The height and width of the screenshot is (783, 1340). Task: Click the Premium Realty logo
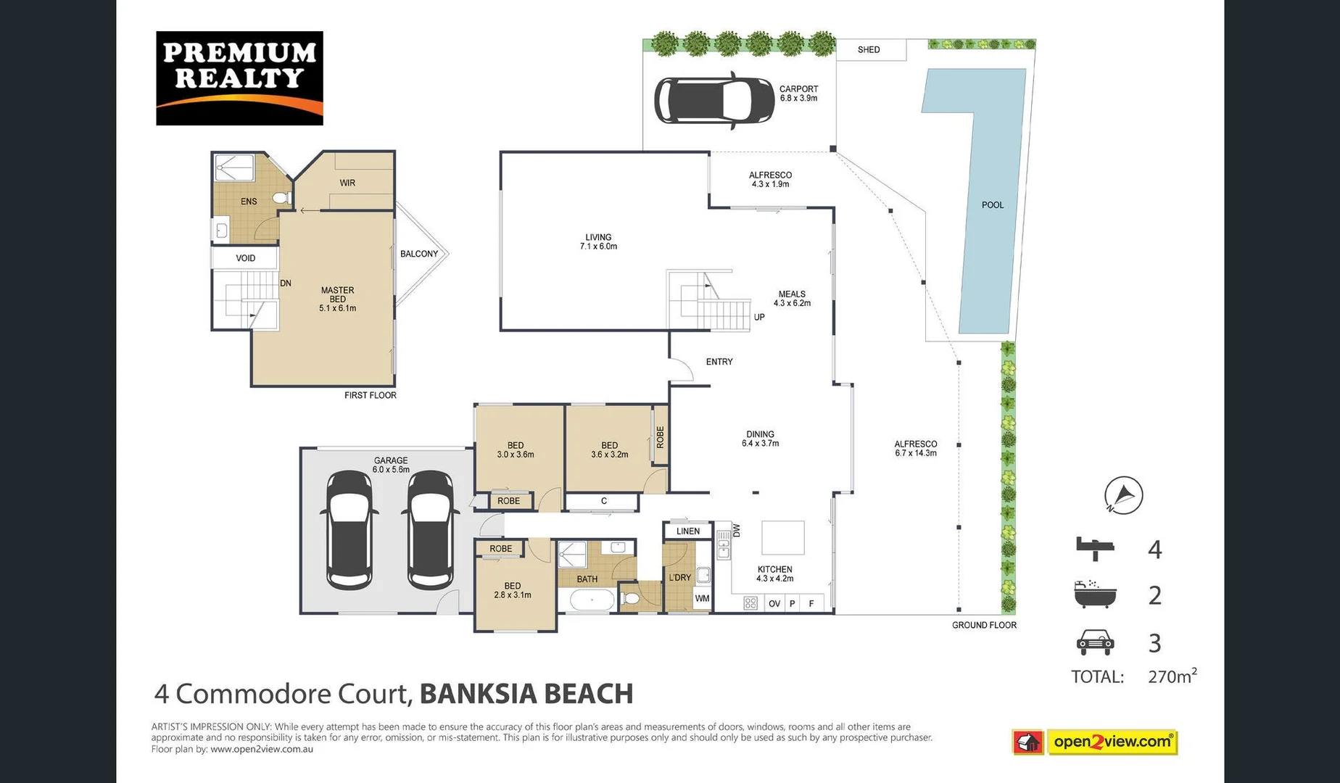[239, 78]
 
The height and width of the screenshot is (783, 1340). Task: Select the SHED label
[869, 50]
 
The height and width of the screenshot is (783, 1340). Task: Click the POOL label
[993, 205]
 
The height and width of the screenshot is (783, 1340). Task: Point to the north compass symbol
[1123, 496]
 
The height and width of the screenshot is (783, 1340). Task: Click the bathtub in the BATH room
[592, 600]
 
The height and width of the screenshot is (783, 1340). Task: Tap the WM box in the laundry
[702, 599]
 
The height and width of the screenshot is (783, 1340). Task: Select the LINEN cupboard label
[687, 531]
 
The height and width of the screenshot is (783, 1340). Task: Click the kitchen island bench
[782, 538]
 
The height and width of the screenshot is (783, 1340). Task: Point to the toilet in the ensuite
[281, 197]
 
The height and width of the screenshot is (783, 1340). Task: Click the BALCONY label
[419, 254]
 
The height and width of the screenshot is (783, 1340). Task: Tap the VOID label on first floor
[245, 258]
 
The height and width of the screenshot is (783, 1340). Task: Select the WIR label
[347, 183]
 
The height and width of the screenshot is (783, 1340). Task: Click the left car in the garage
[350, 529]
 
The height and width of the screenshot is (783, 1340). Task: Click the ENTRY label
[719, 362]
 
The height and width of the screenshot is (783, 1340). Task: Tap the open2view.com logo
[1112, 742]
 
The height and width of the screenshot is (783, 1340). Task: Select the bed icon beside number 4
[1094, 548]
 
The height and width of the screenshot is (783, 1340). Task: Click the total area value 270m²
[1172, 676]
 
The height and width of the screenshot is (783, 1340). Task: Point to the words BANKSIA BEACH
[526, 694]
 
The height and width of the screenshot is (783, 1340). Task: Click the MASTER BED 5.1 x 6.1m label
[337, 299]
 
